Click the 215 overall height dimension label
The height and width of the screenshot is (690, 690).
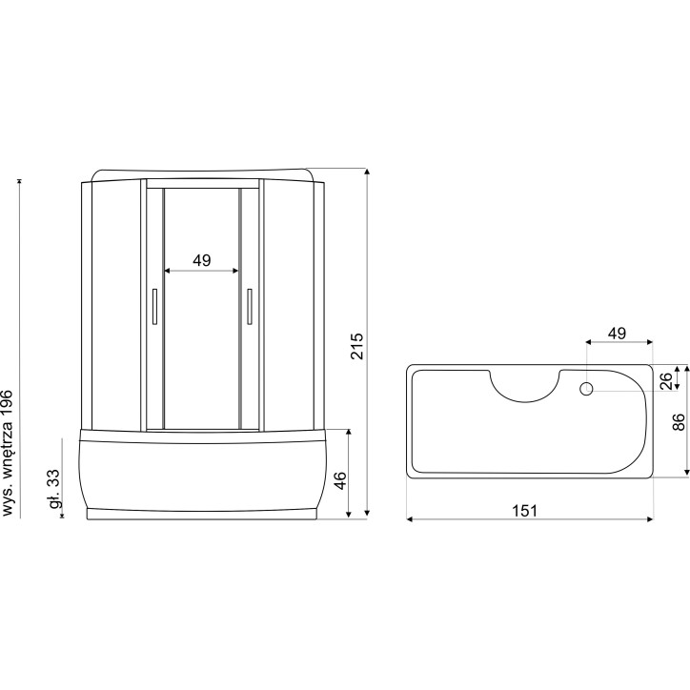click(357, 346)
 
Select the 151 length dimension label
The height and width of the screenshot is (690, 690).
click(525, 511)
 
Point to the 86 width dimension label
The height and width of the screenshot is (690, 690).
click(679, 422)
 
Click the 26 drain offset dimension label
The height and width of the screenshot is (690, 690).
click(666, 381)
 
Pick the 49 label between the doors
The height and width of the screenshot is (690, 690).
click(201, 260)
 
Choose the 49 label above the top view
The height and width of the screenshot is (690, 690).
click(617, 334)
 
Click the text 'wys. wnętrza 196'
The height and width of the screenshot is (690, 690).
click(9, 453)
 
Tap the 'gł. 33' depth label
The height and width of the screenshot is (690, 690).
click(53, 489)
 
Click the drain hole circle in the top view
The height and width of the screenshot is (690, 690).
click(586, 389)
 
